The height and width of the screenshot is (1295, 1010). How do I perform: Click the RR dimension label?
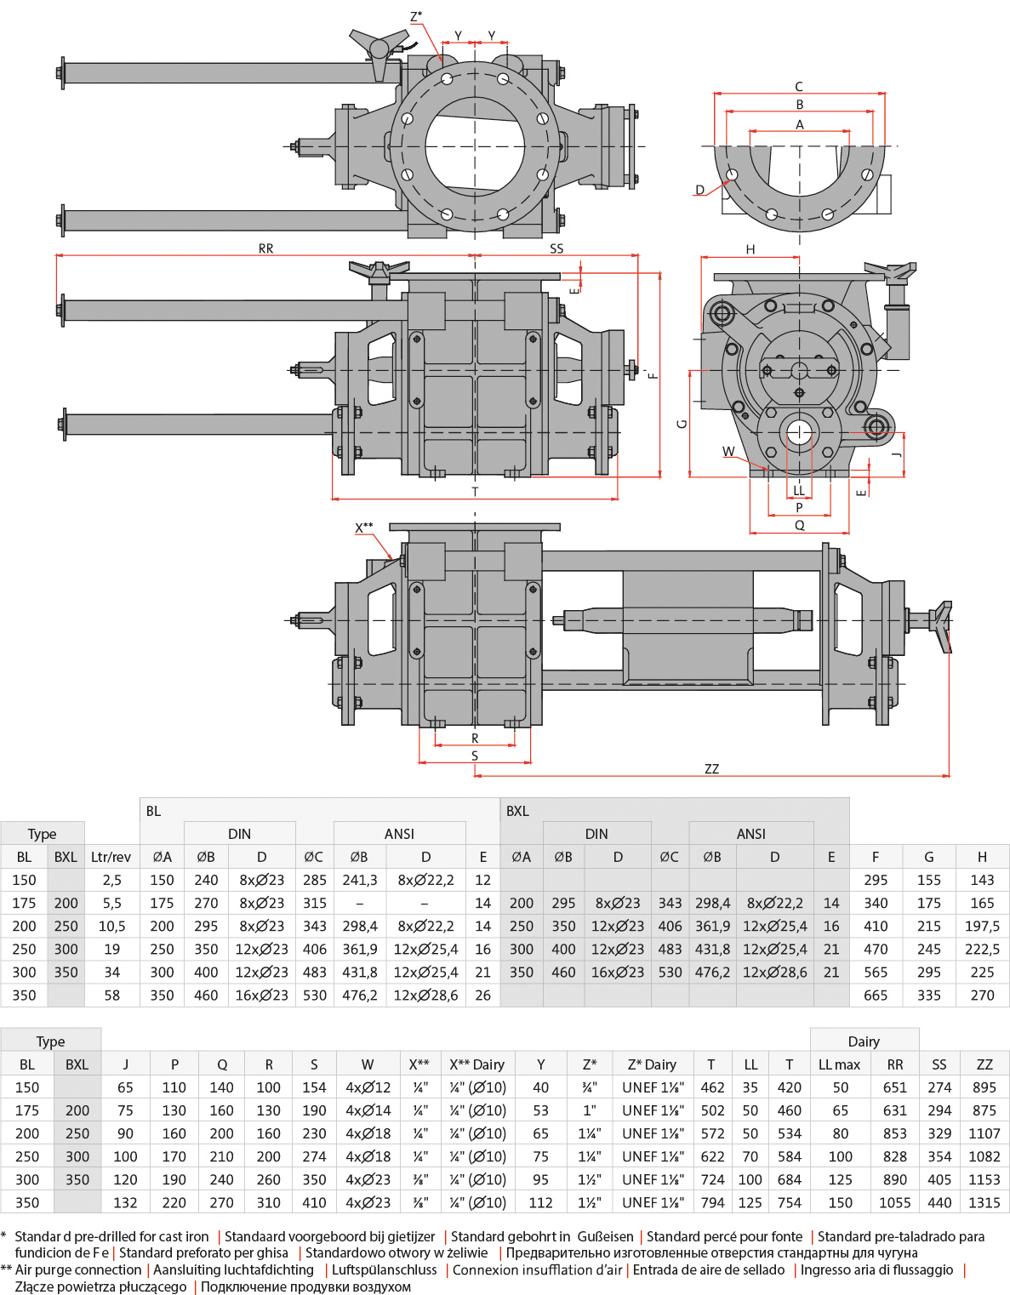point(266,248)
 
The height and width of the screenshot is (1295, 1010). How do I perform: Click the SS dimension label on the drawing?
point(556,248)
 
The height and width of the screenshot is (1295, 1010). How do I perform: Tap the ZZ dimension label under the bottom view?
point(712,769)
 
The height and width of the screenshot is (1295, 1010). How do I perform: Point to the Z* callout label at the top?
point(416,16)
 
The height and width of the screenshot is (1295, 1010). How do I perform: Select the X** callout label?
point(364,528)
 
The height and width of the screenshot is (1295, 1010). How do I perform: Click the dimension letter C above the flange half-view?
point(799,87)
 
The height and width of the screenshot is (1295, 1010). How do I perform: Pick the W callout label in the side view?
point(728,452)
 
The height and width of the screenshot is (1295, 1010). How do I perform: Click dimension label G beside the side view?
point(682,424)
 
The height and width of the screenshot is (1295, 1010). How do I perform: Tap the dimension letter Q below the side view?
point(800,526)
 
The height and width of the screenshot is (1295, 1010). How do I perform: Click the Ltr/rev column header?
point(111,857)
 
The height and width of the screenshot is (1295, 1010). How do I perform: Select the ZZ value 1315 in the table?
point(984,1202)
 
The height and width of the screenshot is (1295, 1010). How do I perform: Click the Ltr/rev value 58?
point(111,995)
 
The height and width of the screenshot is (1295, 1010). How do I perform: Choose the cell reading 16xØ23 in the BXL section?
point(618,972)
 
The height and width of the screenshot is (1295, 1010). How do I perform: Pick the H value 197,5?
point(982,926)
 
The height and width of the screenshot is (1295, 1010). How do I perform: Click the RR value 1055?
point(895,1202)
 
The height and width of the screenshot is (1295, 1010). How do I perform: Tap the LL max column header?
point(839,1064)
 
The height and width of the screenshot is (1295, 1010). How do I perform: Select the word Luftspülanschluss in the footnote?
point(385,1269)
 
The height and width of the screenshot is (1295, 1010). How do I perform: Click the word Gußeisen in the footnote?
point(605,1236)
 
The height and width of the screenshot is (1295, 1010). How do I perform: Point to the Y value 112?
point(540,1202)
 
